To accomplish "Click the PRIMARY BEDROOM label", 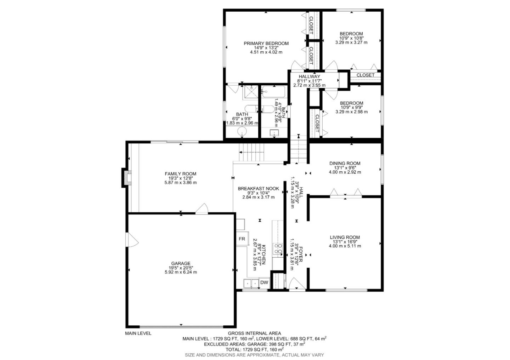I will (x=266, y=44).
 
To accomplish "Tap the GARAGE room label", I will (x=181, y=263).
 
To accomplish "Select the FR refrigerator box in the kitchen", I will (x=242, y=239).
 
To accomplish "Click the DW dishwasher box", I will (x=264, y=282).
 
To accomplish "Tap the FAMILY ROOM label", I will (x=180, y=174).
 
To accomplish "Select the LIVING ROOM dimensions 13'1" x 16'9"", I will (x=345, y=242).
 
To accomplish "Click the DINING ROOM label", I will (x=345, y=164).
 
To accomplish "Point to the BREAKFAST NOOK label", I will (x=258, y=189).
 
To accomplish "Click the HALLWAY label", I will (x=309, y=76).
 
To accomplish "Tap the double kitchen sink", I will (x=251, y=283).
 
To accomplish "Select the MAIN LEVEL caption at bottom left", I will (x=138, y=333).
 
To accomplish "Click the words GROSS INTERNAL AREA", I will (x=254, y=333).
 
